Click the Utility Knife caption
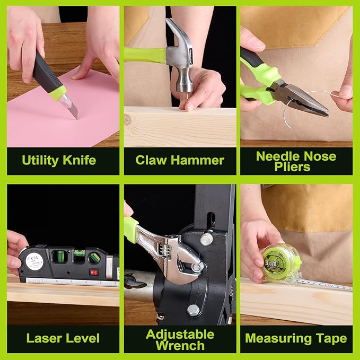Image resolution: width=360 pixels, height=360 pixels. coord(59,160)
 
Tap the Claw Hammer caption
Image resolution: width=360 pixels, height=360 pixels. coord(180,160)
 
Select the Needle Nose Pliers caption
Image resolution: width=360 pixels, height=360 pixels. coord(296,161)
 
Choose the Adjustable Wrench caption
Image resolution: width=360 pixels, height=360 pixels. coord(180,339)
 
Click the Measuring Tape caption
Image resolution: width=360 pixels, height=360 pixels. coord(296,337)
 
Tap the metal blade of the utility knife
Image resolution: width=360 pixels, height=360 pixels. coord(71,108)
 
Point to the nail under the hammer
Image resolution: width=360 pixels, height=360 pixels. coord(186,101)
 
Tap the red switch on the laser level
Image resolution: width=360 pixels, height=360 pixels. coord(94,273)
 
